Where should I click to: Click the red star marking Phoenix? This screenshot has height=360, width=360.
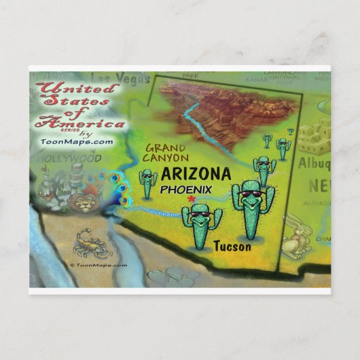tap(192, 198)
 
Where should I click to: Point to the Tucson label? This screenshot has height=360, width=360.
tap(232, 246)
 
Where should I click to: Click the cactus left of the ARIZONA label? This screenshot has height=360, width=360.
tap(147, 182)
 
